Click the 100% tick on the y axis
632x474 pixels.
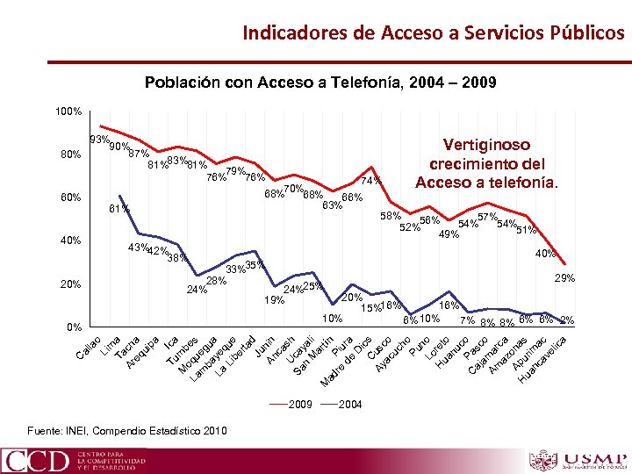[68, 112]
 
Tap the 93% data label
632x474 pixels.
[99, 140]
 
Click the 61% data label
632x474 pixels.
[118, 209]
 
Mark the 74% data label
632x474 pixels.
[371, 181]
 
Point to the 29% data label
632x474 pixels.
[564, 278]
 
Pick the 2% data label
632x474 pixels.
[567, 320]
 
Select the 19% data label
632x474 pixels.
[275, 300]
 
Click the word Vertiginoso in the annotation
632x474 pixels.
[485, 145]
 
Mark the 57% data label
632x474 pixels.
[488, 218]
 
